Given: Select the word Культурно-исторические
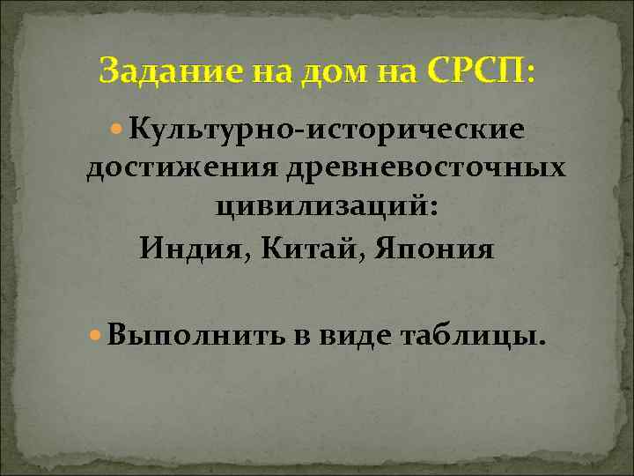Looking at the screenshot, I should (327, 130).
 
